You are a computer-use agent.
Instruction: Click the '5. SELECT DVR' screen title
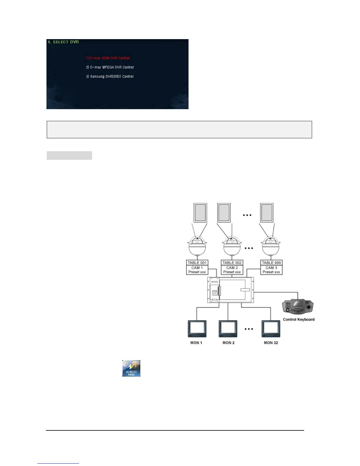pos(63,42)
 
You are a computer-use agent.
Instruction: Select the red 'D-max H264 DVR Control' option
pos(108,58)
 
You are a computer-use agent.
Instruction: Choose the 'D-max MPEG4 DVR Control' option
pos(110,67)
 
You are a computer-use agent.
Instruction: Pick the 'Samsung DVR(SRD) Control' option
pos(110,76)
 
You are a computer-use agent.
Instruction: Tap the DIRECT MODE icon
pos(131,368)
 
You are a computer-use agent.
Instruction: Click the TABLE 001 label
pos(197,263)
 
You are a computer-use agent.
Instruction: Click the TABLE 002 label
pos(232,263)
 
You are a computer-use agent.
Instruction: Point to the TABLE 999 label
pos(271,263)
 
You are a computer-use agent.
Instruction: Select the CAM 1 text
pos(197,268)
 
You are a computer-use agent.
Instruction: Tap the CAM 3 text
pos(271,268)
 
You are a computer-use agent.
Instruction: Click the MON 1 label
pos(196,343)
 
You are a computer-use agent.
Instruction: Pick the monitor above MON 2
pos(228,329)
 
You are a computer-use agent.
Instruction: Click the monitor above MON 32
pos(271,329)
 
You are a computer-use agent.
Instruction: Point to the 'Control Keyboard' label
pos(299,319)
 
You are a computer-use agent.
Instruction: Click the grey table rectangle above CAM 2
pos(224,212)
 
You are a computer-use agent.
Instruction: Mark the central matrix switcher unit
pos(231,290)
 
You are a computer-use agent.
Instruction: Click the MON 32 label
pos(271,343)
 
